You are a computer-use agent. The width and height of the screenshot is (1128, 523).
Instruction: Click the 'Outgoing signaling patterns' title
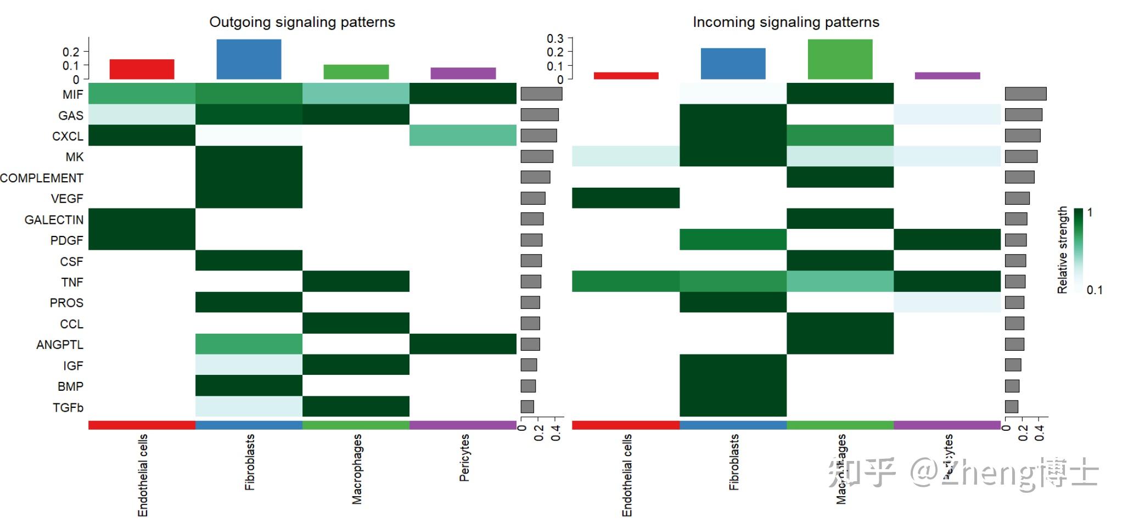pos(302,22)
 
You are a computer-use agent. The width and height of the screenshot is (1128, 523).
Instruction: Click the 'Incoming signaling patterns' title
pos(785,22)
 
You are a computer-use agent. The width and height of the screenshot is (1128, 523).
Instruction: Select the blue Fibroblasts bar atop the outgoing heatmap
pos(249,59)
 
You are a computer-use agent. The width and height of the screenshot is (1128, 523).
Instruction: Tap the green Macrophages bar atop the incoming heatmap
pos(840,59)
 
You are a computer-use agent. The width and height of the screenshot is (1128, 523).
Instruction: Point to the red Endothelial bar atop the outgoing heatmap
pos(142,69)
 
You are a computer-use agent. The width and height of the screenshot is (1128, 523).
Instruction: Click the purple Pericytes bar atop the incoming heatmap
pos(947,76)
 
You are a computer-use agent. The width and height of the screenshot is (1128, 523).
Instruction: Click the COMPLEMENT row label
pos(42,178)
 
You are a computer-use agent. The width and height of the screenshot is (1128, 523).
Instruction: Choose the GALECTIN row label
pos(54,220)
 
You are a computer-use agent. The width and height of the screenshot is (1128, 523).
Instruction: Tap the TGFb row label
pos(68,407)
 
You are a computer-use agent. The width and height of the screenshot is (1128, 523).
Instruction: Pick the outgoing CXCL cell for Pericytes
pos(463,136)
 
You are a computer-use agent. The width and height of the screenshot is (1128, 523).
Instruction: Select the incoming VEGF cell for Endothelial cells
pos(626,198)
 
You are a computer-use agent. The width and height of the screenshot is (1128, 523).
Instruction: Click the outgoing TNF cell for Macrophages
pos(356,282)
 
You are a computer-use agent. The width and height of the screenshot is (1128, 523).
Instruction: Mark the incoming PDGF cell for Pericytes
pos(947,240)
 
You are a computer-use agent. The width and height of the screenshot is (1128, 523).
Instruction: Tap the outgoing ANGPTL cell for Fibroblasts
pos(249,344)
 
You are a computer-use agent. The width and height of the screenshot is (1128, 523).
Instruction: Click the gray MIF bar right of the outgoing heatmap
pos(541,94)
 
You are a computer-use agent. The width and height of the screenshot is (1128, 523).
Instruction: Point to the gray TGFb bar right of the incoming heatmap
pos(1012,407)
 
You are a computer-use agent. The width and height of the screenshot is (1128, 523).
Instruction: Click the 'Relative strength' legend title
pos(1063,250)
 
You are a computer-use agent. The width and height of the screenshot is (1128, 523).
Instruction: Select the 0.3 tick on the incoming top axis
pos(555,38)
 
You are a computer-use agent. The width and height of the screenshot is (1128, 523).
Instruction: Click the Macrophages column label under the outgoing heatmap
pos(357,469)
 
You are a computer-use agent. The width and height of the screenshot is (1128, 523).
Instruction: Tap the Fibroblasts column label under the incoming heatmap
pos(734,462)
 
